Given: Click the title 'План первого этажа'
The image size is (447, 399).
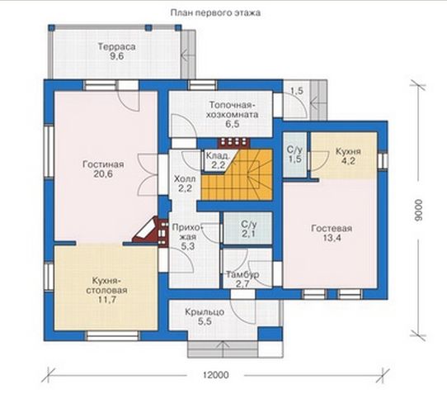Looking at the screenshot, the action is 215,13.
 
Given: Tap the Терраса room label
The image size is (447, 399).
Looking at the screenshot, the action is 116,51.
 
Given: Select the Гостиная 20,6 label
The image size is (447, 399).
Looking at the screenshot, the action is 103,169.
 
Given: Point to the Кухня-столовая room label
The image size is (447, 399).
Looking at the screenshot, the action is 107,290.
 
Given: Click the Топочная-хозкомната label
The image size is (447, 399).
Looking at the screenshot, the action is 233,114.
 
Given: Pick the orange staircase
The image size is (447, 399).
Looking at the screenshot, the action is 237,175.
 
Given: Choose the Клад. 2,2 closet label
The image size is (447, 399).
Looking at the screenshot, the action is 218,160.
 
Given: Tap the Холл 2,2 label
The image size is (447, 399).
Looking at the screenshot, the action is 185,183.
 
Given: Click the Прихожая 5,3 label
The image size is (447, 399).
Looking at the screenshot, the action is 188,237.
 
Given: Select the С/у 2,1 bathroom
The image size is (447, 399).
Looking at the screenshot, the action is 247,229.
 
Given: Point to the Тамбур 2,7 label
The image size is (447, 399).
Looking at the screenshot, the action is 242,279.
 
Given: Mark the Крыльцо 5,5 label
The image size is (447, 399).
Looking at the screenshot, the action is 205,316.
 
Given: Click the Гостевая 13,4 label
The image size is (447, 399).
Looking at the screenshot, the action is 332,233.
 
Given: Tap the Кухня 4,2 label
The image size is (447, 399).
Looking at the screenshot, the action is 348,155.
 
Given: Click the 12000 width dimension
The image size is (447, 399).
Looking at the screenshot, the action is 216,374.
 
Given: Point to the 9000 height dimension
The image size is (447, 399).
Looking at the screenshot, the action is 418,210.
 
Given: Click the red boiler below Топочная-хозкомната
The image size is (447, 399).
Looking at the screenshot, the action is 233,143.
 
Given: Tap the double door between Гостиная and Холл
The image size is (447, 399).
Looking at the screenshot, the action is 148,174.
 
